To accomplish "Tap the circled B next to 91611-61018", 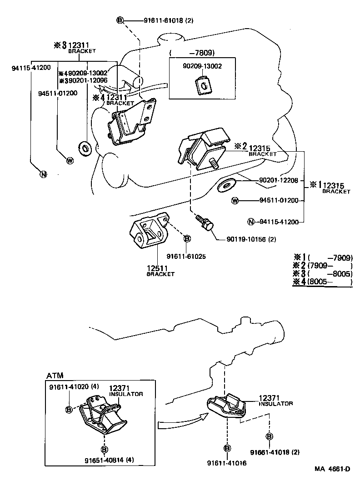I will click(x=120, y=20).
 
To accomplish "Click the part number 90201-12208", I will click(x=278, y=180).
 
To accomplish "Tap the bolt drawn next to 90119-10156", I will click(x=205, y=223).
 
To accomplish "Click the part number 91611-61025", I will click(x=186, y=256).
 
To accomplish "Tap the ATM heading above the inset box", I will click(x=55, y=375).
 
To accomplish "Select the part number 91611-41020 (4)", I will click(x=74, y=386).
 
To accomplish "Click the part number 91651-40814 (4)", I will click(x=109, y=460).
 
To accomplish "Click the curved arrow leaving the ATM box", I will click(x=180, y=423).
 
